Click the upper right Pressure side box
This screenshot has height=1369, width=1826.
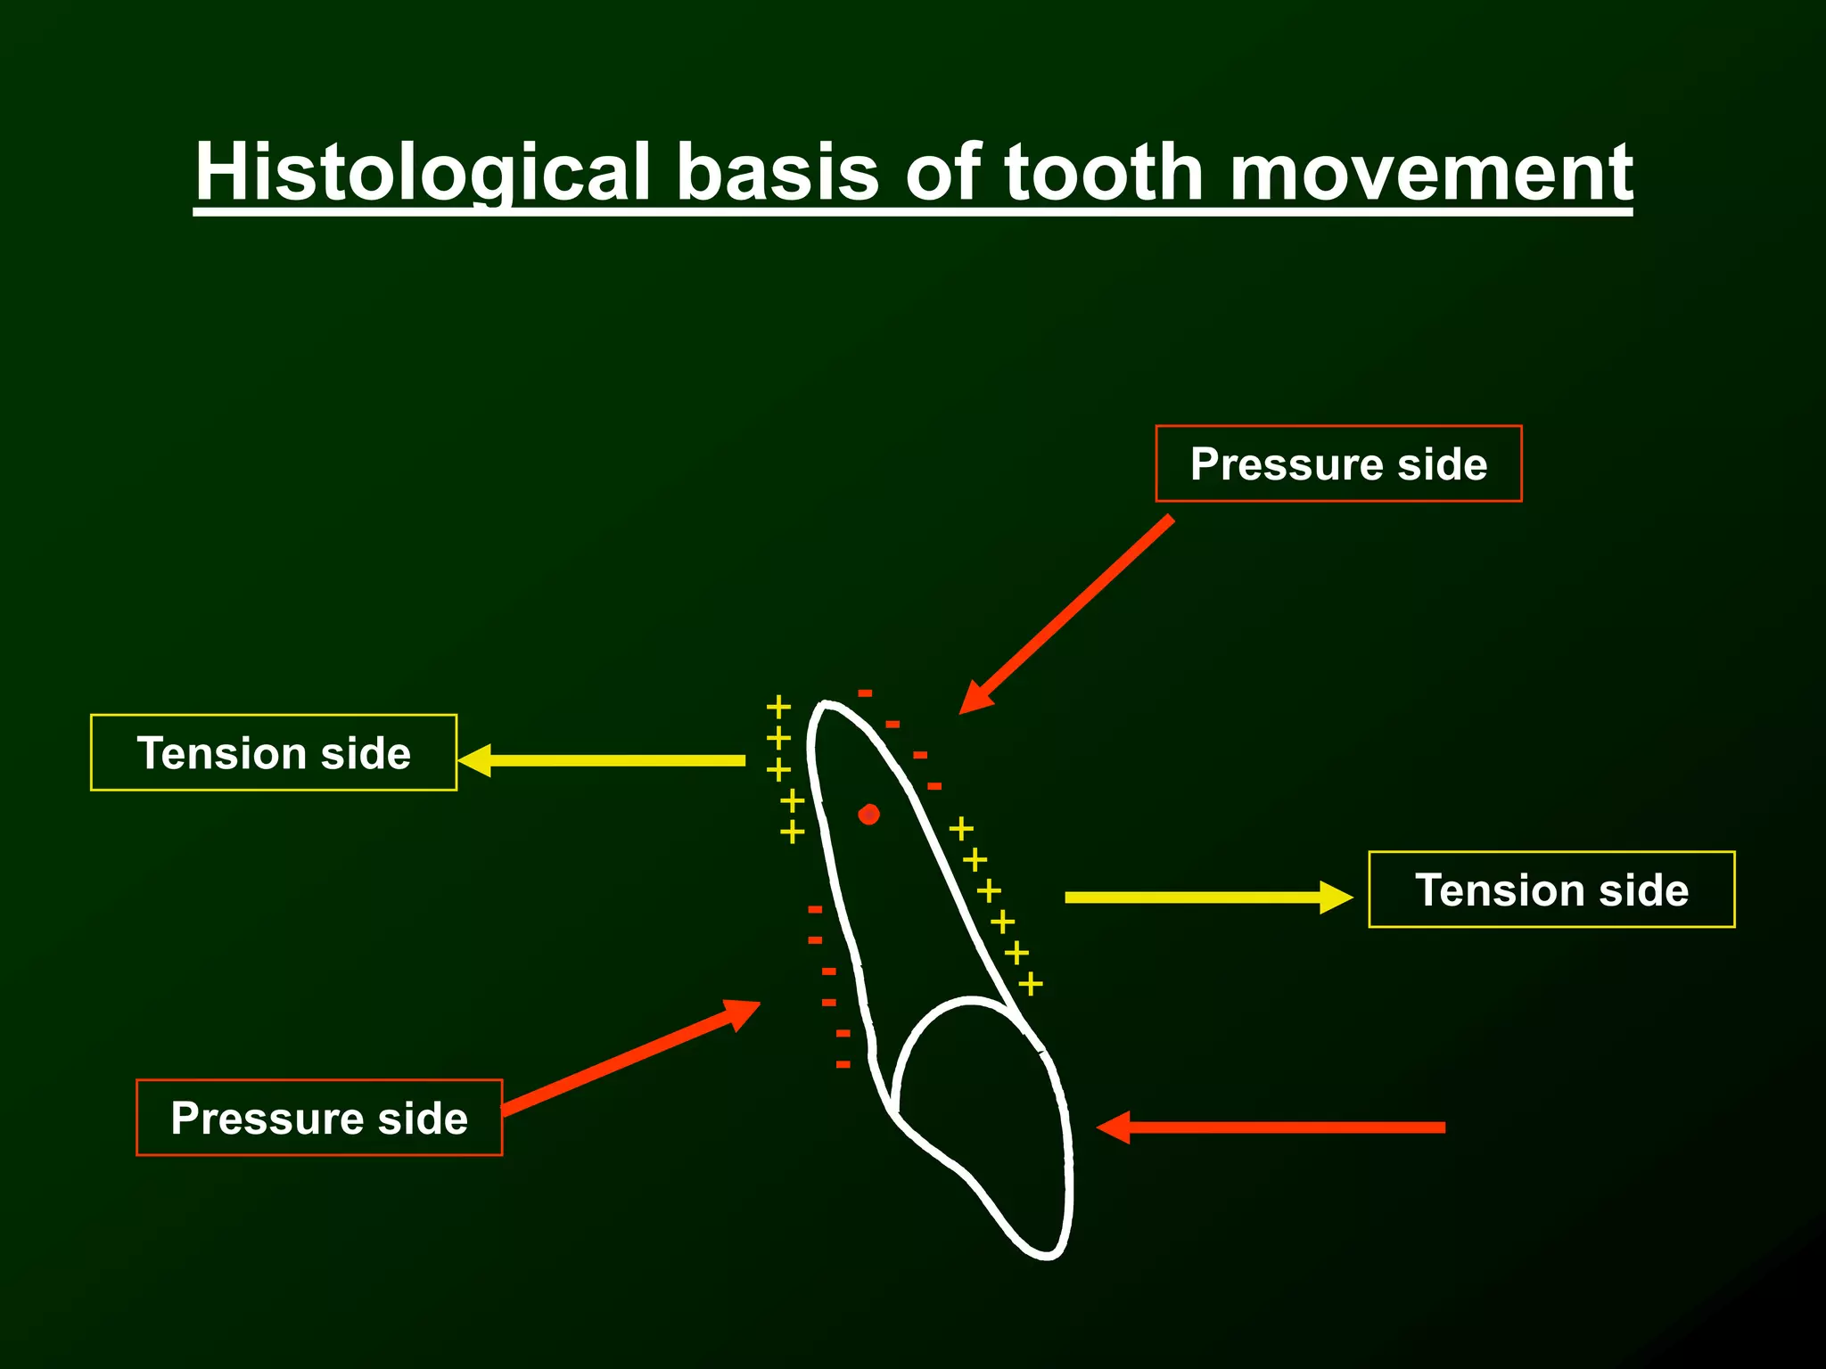click(x=1337, y=463)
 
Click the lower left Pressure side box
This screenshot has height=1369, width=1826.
click(x=319, y=1118)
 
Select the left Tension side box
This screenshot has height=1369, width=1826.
click(x=274, y=753)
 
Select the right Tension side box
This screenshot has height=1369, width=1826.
click(x=1551, y=889)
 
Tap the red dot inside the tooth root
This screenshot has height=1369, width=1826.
click(x=868, y=815)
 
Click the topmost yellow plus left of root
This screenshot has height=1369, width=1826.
click(x=778, y=708)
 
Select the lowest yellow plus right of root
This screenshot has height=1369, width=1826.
click(x=1031, y=984)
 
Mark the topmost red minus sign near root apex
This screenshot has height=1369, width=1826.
click(x=865, y=693)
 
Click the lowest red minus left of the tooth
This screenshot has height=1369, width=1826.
click(x=843, y=1064)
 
